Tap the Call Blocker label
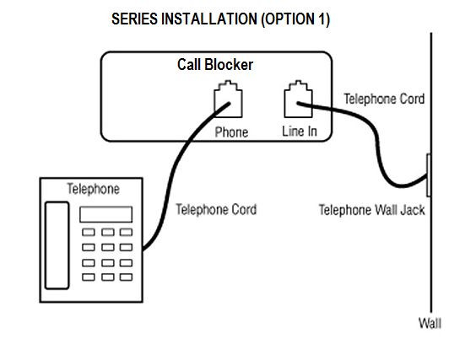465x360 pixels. click(214, 65)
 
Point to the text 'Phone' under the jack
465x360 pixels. click(231, 132)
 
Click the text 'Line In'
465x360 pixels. click(299, 132)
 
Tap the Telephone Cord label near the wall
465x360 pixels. click(384, 99)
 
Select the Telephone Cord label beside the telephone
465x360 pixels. click(216, 209)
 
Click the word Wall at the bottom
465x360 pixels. click(430, 323)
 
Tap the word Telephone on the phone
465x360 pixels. click(93, 189)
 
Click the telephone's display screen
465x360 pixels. click(106, 214)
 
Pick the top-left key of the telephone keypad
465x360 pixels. click(88, 232)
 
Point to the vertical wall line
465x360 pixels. click(431, 253)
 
